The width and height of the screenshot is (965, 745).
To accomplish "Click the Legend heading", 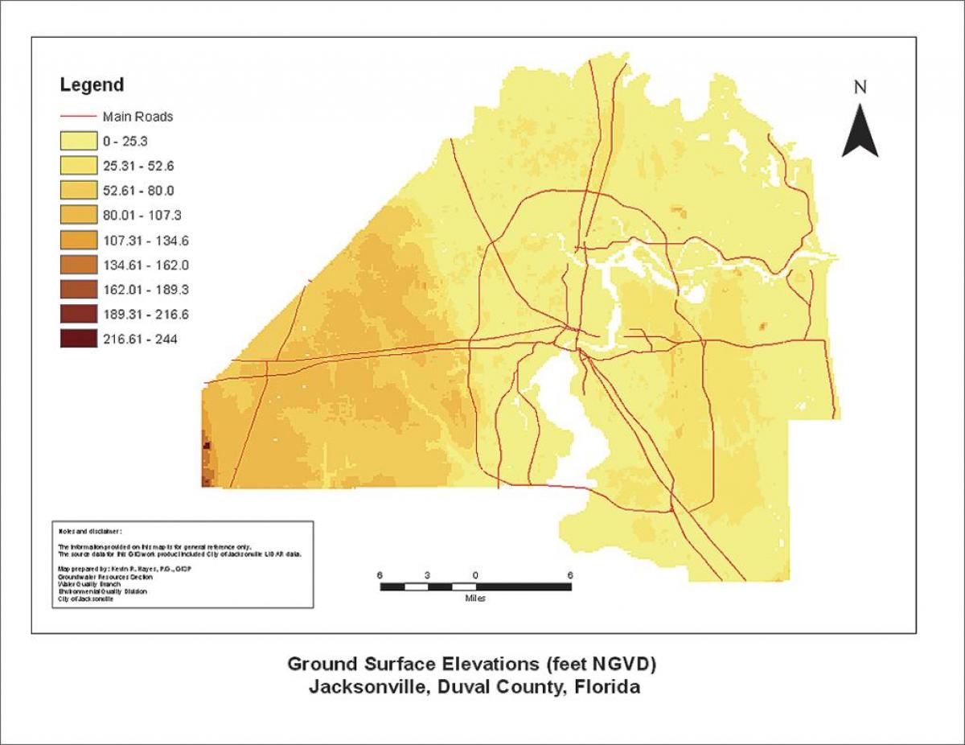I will coord(92,85).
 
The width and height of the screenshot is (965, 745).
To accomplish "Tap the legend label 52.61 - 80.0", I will coord(138,191).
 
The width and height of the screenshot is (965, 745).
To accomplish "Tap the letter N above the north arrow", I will coord(860,88).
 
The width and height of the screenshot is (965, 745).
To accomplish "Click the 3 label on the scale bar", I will coord(428,575).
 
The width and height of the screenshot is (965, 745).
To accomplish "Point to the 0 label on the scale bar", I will coord(475,575).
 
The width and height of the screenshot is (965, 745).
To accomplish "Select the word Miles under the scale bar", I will coord(474,599).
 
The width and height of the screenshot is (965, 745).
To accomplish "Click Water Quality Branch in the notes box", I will coord(88,584).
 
